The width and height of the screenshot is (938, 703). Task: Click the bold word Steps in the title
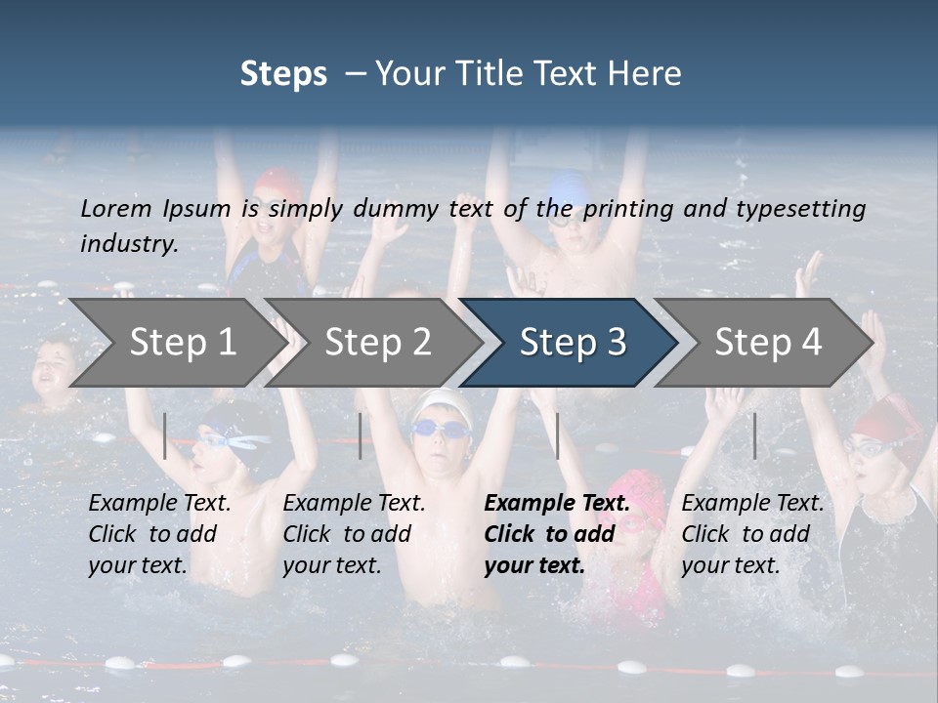click(283, 74)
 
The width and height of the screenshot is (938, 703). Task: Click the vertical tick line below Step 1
click(165, 435)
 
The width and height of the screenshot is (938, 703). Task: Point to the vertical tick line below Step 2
click(361, 435)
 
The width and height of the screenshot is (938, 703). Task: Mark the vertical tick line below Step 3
click(557, 435)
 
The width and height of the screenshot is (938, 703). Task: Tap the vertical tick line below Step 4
click(754, 435)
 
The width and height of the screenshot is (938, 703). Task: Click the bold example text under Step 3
click(557, 534)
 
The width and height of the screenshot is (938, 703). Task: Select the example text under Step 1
click(159, 534)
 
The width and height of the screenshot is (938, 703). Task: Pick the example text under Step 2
click(354, 534)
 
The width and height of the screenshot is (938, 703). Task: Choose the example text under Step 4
click(752, 534)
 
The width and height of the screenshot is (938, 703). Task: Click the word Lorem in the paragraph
click(116, 208)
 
